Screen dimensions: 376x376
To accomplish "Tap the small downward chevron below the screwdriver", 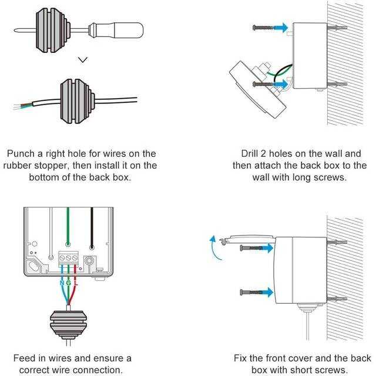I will [83, 59].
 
